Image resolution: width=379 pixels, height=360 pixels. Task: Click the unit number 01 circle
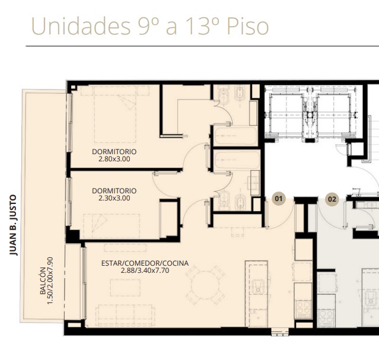coord(279,199)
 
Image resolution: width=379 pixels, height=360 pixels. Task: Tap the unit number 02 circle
coord(332,199)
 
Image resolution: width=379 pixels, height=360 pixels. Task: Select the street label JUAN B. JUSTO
coord(13,225)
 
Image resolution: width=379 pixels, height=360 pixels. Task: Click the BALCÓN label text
coord(43,281)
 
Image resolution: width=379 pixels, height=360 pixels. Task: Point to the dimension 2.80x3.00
coord(114,159)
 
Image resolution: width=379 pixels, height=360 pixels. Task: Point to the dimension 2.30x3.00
coord(114,198)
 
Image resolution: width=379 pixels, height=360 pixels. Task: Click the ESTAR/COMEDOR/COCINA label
coord(145,263)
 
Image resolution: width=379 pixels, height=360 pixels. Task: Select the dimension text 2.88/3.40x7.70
coord(145,270)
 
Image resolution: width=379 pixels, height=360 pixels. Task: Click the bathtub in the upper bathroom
coord(235,136)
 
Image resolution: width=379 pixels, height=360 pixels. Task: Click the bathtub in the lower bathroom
coord(237,160)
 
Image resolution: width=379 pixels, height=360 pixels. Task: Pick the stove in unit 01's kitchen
coord(303,309)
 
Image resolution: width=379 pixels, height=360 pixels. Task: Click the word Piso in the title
coord(247,26)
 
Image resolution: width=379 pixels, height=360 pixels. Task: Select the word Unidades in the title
coord(81,26)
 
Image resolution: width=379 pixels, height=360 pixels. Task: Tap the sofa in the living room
coord(125,316)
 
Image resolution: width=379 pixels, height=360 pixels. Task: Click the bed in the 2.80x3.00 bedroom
coord(115,114)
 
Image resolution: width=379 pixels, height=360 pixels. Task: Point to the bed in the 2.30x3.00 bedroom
coord(112,226)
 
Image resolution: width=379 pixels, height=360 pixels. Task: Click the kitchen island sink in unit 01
coord(258,286)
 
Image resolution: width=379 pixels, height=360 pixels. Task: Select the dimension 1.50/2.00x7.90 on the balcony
coord(50,281)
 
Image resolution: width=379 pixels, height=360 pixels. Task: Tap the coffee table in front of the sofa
coord(125,288)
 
